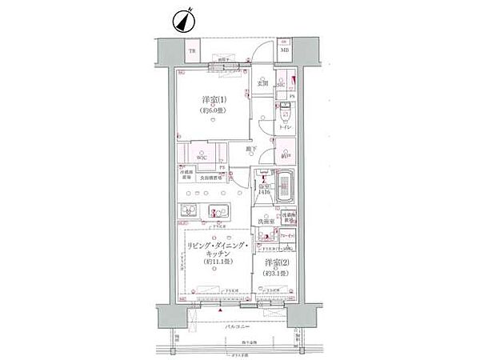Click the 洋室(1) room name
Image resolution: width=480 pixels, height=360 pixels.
pos(214,100)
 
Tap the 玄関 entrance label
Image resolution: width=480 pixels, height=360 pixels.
pos(262,83)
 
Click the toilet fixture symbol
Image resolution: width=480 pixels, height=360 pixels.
pos(286,117)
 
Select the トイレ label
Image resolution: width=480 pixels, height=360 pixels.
pos(286,128)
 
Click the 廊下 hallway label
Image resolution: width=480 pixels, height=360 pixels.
pos(251,149)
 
